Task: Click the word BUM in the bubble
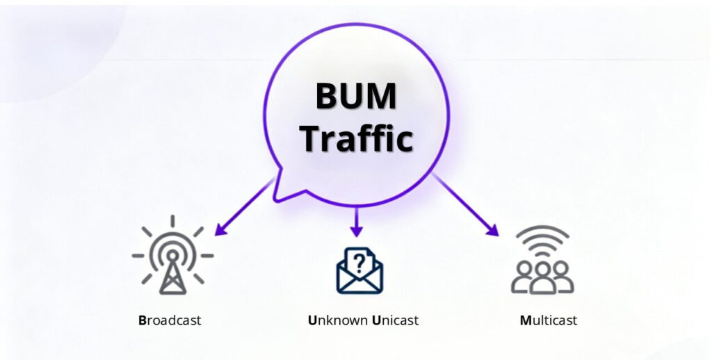point(356,96)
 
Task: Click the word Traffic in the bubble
point(356,138)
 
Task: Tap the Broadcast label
point(170,320)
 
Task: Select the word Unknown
point(338,320)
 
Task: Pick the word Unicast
point(396,320)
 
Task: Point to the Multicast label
point(549,320)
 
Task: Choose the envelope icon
point(359,272)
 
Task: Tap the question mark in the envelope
point(359,262)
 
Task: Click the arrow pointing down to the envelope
point(357,222)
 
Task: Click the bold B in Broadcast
point(143,320)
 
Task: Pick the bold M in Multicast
point(525,320)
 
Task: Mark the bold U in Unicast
point(376,320)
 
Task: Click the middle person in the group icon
point(542,275)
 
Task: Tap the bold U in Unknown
point(312,320)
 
